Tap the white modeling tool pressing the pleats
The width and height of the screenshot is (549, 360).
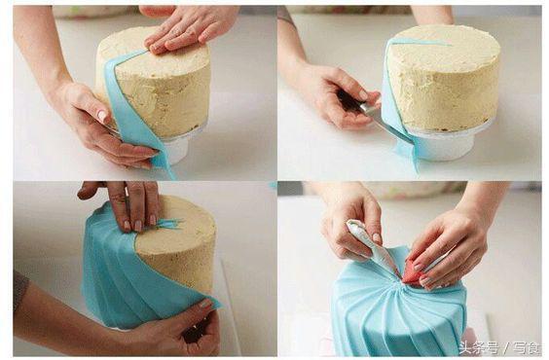point(372,245)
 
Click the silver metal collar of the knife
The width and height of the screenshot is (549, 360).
point(368,110)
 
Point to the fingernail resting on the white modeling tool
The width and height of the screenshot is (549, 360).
point(377,237)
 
